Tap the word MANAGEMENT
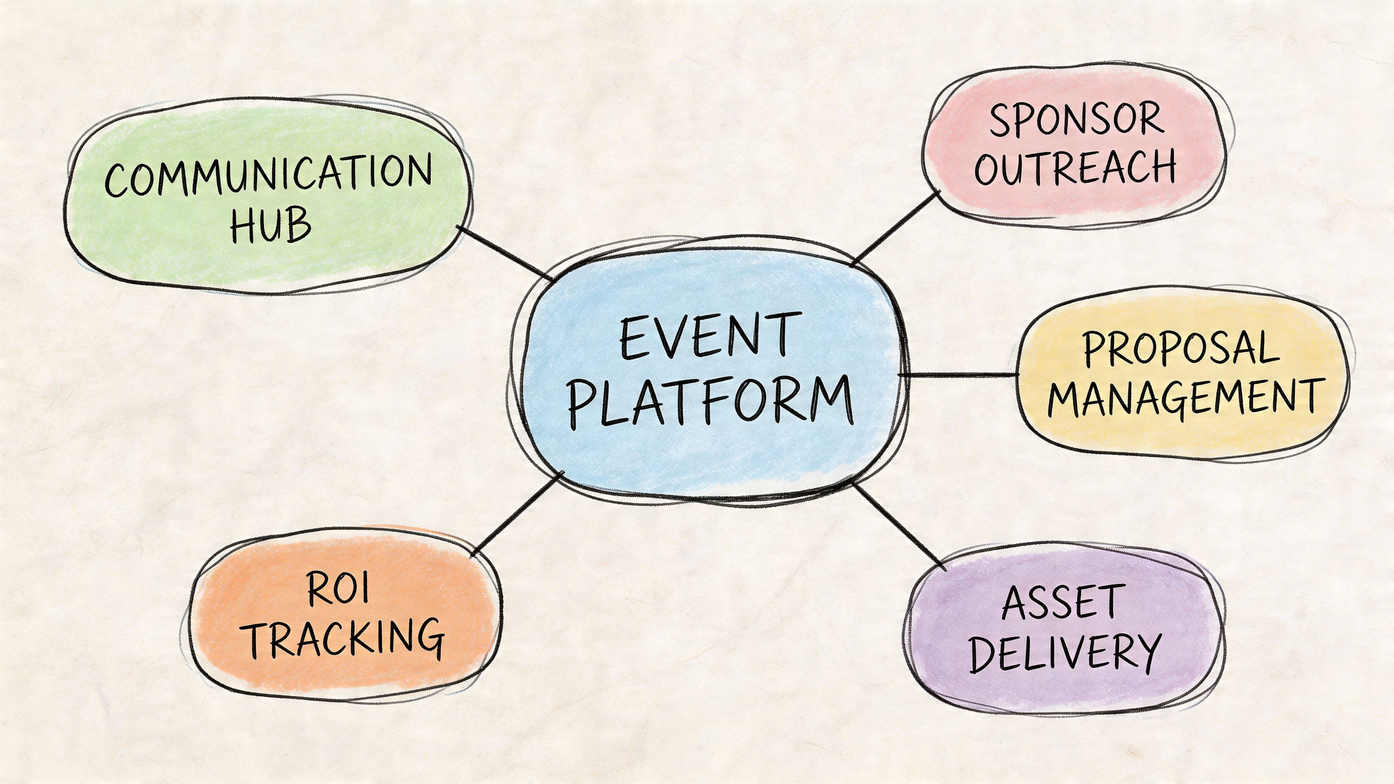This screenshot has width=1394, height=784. click(1185, 398)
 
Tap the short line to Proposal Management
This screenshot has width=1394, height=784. click(958, 374)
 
